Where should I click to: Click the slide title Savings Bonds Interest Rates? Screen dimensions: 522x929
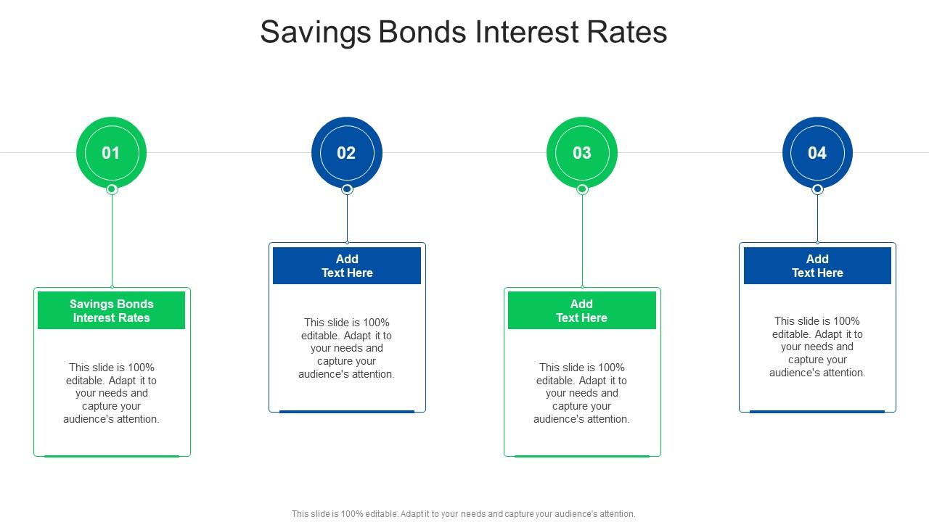pos(464,33)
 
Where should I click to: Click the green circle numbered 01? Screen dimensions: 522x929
pos(111,152)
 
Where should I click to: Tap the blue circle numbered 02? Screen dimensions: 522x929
pos(347,152)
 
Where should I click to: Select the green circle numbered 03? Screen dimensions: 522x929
pos(582,152)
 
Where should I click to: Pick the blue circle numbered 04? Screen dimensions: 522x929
pos(817,152)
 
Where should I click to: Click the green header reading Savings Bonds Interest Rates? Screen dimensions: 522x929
pos(112,310)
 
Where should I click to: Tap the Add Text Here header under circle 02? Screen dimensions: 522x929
pos(347,265)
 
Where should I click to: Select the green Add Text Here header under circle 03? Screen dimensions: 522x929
pos(581,310)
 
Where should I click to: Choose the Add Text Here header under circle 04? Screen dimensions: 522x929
pos(817,265)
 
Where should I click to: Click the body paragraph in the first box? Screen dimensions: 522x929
pos(112,393)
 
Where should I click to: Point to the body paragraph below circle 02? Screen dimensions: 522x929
pos(347,348)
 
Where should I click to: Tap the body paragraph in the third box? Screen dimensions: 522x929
pos(581,393)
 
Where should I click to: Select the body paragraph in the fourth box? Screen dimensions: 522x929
pos(817,347)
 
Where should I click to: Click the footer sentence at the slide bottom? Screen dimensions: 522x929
pos(464,513)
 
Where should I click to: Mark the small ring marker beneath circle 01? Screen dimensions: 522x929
pos(112,189)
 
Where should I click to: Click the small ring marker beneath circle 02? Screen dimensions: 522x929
pos(347,189)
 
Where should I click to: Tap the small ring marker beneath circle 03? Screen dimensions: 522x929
pos(582,189)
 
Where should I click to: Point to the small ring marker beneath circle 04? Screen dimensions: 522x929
pos(817,189)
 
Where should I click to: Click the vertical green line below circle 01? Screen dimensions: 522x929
pos(112,239)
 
